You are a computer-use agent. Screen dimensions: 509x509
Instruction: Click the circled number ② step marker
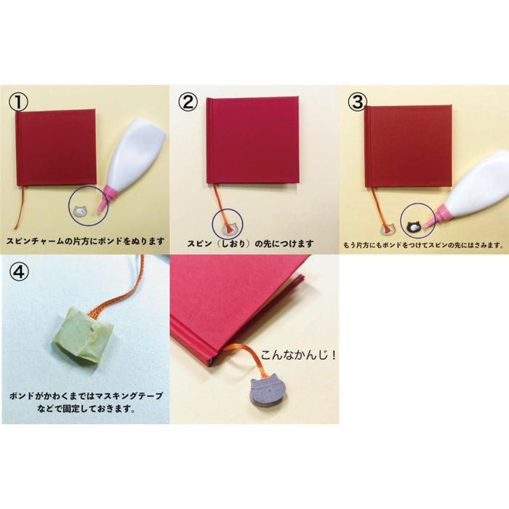pos(188,102)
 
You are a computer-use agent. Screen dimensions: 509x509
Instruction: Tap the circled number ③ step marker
pos(356,102)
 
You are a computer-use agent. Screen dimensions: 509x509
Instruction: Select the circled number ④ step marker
pos(20,270)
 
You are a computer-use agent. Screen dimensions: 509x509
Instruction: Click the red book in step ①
pos(56,148)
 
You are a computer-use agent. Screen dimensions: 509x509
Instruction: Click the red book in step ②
pos(252,140)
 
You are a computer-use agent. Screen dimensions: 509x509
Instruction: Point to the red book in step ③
pos(408,145)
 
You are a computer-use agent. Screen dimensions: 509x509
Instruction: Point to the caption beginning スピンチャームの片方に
pos(85,241)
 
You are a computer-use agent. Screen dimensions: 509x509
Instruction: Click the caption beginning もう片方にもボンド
pos(423,245)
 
